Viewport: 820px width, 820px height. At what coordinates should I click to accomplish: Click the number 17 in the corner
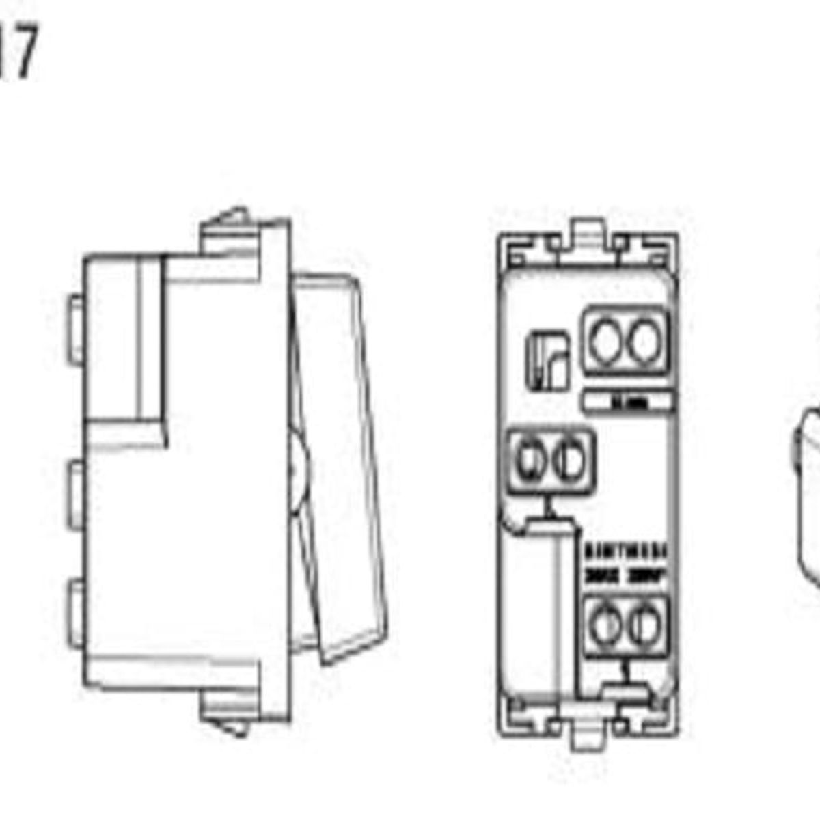(x=17, y=51)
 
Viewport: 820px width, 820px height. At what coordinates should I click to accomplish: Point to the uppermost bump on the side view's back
(x=75, y=329)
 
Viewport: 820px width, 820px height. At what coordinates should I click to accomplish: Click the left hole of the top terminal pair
(x=604, y=341)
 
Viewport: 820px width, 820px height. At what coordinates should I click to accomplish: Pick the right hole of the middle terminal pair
(x=569, y=460)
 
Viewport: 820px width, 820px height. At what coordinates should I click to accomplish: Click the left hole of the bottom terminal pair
(x=605, y=626)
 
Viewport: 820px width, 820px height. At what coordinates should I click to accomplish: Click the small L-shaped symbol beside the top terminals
(x=547, y=360)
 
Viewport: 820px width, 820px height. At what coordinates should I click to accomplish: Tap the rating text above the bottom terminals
(x=626, y=564)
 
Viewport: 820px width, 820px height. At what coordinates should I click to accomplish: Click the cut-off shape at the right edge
(x=810, y=499)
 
